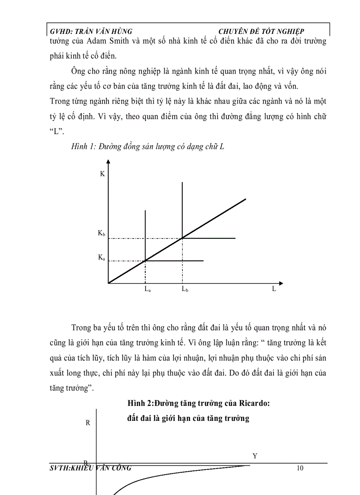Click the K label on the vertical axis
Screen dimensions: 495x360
(102, 174)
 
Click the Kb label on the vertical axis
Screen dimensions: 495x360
(101, 234)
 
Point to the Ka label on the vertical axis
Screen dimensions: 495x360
(101, 257)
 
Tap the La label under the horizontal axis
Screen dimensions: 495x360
(146, 290)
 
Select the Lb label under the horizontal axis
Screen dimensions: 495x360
(184, 290)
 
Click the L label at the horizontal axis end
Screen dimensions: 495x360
(274, 289)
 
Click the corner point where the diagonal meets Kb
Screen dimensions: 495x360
(182, 238)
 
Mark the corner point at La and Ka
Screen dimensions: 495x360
(145, 261)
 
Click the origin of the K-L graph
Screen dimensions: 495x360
(109, 283)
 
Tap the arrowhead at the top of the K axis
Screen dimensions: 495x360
(109, 164)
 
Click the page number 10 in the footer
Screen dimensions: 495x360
(300, 468)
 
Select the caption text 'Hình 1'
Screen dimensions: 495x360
(81, 147)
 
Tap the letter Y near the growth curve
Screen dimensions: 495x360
(255, 456)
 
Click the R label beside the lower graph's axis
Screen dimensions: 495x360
(88, 423)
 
